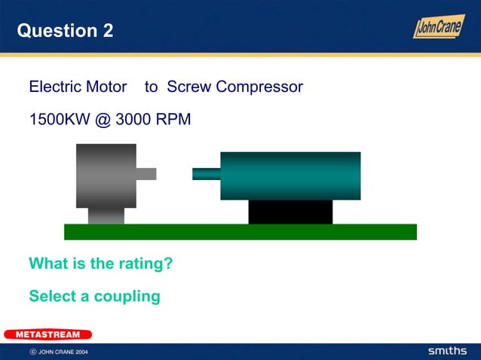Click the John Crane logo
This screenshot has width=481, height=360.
438,26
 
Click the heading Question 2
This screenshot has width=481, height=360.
65,31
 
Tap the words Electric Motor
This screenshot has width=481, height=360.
78,87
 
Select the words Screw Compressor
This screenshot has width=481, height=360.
234,87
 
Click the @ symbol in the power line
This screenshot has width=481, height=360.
103,119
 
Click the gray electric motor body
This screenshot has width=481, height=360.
106,175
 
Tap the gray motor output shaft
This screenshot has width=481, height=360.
146,174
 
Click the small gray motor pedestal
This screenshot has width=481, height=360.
106,216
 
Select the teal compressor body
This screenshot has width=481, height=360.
290,175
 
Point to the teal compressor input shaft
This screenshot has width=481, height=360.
206,174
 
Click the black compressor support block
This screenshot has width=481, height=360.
290,212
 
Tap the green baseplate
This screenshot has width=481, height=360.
240,232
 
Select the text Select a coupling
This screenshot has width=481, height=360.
94,296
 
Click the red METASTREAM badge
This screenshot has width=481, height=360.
47,334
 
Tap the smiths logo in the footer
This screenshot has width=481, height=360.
447,351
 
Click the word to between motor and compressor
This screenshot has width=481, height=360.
151,87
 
